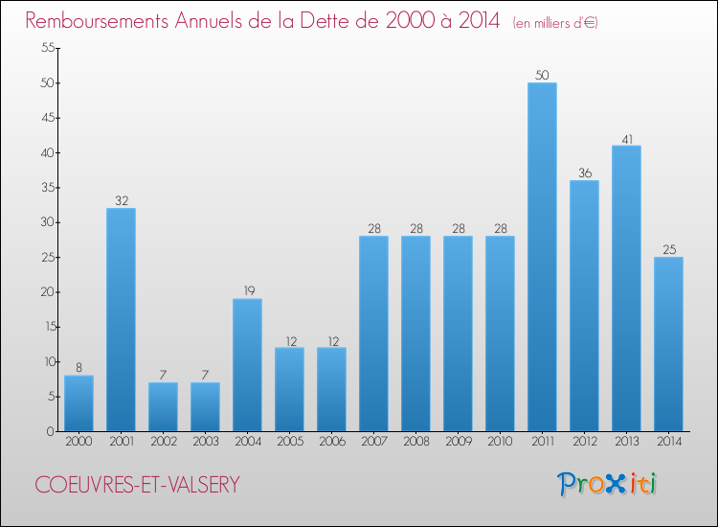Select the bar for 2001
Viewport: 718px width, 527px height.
[121, 320]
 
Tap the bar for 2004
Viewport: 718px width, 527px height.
[247, 365]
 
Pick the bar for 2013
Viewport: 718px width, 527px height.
[626, 288]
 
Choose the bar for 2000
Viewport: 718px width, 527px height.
[79, 403]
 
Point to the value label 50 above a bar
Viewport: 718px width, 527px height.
[542, 76]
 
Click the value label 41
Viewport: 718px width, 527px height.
[626, 138]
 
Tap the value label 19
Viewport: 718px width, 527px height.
[247, 291]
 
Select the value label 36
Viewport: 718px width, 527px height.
[584, 173]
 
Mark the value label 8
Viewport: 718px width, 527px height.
[79, 368]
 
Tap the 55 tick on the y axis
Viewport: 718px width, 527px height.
[45, 48]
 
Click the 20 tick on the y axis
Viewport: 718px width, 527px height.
[45, 292]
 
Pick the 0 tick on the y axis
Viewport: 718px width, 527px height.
[48, 431]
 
